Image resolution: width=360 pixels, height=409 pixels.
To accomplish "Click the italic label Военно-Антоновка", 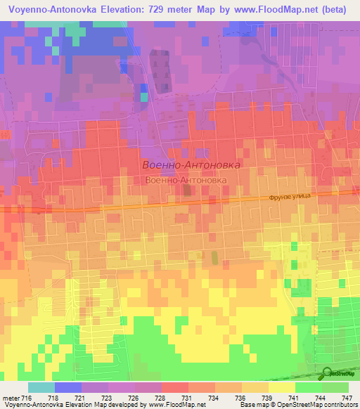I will [x=191, y=164].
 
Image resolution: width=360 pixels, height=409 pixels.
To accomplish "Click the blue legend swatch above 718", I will [x=68, y=387].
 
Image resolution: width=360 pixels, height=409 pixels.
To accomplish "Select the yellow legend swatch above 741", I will [x=282, y=387].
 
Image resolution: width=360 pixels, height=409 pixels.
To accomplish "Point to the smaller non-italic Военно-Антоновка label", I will [x=186, y=181].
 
